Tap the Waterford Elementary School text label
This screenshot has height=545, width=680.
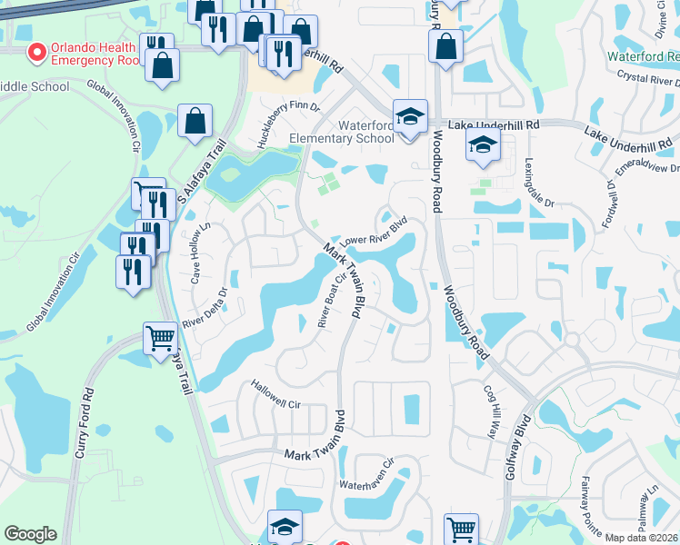click(341, 132)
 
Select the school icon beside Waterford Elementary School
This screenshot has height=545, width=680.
click(410, 116)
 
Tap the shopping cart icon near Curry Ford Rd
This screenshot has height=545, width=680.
click(161, 338)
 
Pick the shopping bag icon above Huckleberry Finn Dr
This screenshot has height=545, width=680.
click(195, 121)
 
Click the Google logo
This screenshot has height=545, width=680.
click(30, 534)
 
